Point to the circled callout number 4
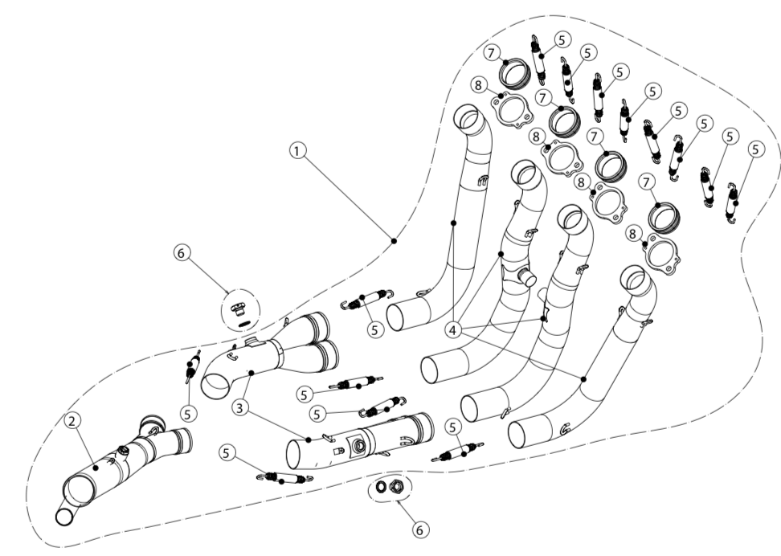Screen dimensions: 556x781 (455, 331)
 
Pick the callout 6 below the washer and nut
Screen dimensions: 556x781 (420, 529)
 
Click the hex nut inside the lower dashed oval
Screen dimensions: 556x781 (395, 487)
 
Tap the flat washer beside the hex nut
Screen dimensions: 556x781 (381, 487)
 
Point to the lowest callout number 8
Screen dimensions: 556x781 (634, 234)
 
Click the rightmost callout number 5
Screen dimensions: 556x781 (755, 149)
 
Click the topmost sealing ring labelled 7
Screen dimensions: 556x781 (513, 73)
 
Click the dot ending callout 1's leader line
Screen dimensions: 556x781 (393, 239)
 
